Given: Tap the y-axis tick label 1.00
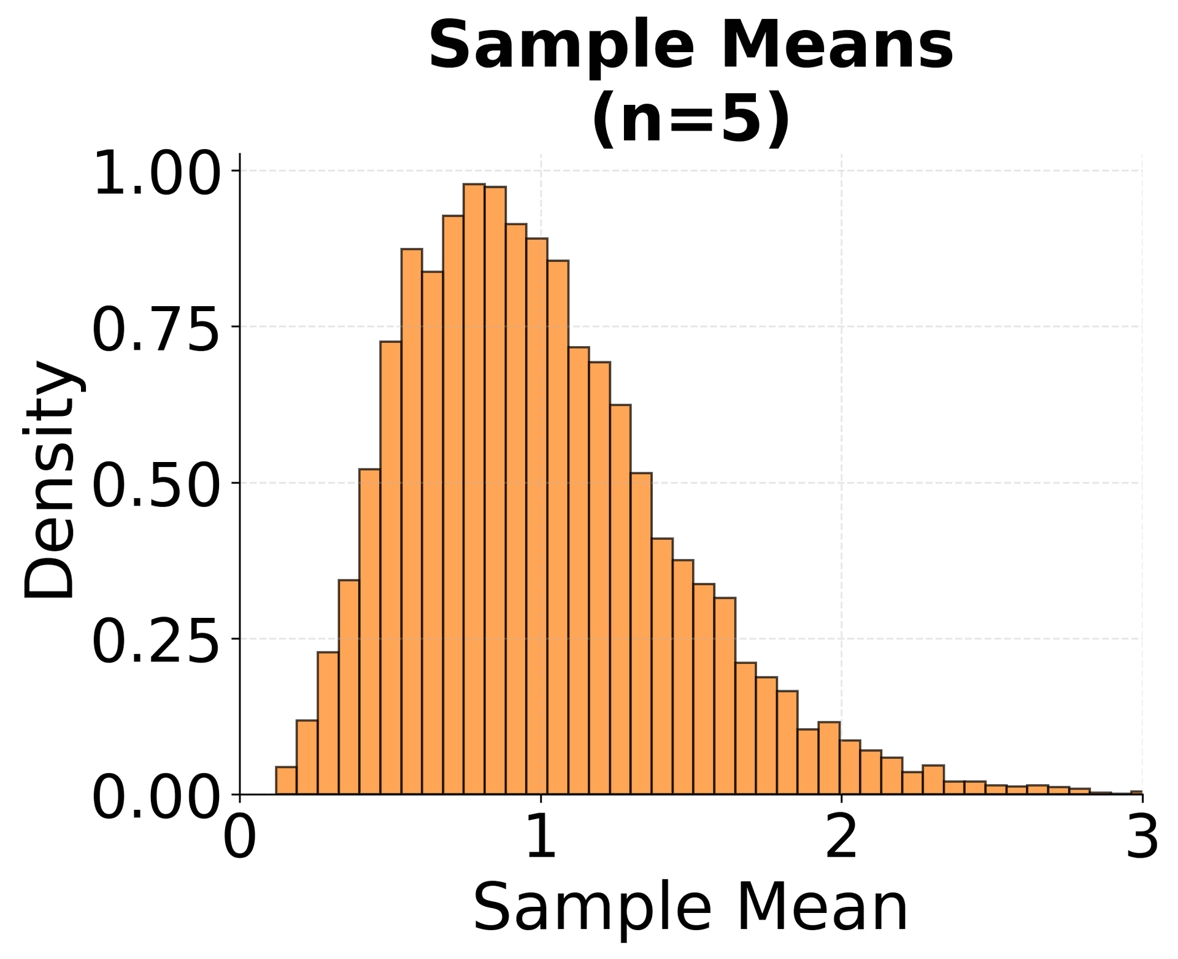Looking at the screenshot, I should pyautogui.click(x=156, y=173).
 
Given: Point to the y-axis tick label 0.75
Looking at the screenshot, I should pyautogui.click(x=156, y=329).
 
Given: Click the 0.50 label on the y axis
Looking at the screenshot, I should pyautogui.click(x=156, y=485).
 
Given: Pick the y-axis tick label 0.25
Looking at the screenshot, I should pyautogui.click(x=156, y=641).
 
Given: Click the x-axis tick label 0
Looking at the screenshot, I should pyautogui.click(x=239, y=838).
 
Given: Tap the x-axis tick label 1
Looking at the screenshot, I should pyautogui.click(x=541, y=838).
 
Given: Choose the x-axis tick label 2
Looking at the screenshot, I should pyautogui.click(x=841, y=838).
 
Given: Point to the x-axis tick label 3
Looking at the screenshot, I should pyautogui.click(x=1142, y=838).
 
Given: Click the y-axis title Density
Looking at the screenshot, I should pyautogui.click(x=49, y=479).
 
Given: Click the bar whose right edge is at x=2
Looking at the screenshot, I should pyautogui.click(x=829, y=758).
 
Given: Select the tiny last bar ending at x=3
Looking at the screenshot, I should pyautogui.click(x=1136, y=793).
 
